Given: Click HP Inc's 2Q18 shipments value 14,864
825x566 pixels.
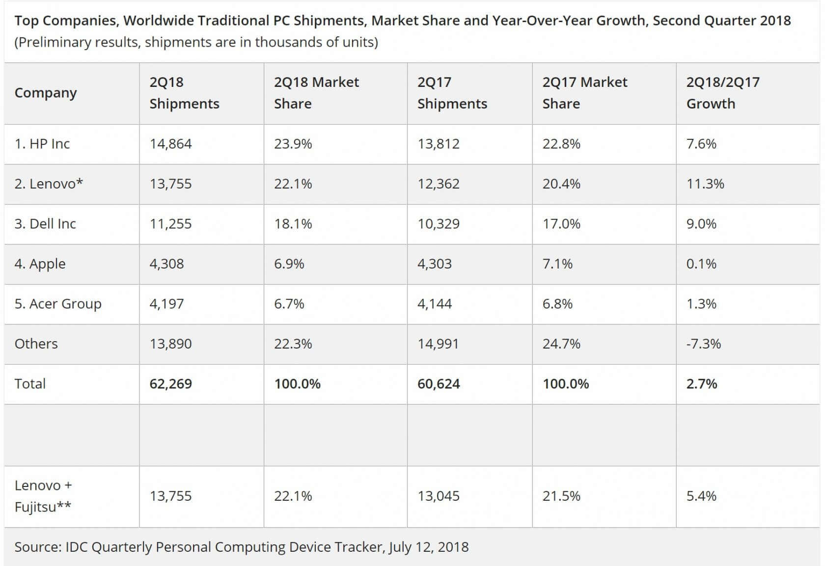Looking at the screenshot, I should pyautogui.click(x=170, y=144).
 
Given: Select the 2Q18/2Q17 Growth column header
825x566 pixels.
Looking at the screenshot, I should pyautogui.click(x=722, y=93).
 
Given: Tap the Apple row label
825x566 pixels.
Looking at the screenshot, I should pyautogui.click(x=40, y=264).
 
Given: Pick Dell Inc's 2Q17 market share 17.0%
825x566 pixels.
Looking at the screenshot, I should pyautogui.click(x=561, y=224).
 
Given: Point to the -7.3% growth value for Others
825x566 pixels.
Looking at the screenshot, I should pyautogui.click(x=703, y=344).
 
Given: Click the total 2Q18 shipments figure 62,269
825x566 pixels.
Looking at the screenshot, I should pyautogui.click(x=170, y=384).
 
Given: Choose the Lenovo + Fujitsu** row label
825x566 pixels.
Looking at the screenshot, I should pyautogui.click(x=43, y=496).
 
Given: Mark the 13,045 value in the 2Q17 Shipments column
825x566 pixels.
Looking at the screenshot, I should pyautogui.click(x=438, y=496).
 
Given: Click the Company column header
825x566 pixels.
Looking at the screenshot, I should pyautogui.click(x=46, y=93).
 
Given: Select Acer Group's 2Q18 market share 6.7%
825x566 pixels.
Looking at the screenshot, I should pyautogui.click(x=289, y=304).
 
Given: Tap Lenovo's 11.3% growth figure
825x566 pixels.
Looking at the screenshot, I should pyautogui.click(x=705, y=184).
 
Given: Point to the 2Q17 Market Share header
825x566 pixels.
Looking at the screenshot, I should pyautogui.click(x=584, y=93).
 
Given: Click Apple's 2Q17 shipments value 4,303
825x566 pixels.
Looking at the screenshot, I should pyautogui.click(x=434, y=264).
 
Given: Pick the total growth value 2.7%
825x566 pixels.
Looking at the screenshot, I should pyautogui.click(x=701, y=384).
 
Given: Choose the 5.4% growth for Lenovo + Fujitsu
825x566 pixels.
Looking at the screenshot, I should pyautogui.click(x=701, y=496).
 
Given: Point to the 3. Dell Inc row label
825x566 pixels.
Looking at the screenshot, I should pyautogui.click(x=45, y=224).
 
